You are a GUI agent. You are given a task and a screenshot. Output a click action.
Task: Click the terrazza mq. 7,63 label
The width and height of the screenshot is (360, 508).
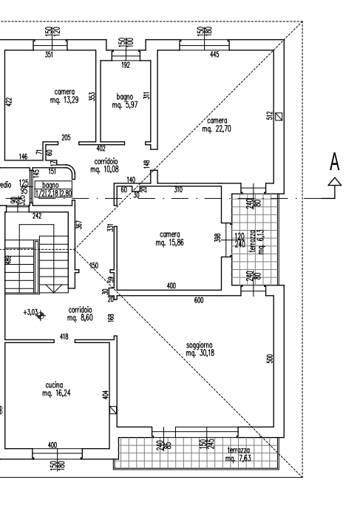click(239, 455)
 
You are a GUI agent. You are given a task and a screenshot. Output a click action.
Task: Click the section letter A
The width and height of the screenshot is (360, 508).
click(335, 161)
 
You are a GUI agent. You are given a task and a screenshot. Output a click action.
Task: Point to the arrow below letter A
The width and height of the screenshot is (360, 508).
click(335, 180)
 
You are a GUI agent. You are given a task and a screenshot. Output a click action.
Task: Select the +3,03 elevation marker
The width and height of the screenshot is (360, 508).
click(35, 314)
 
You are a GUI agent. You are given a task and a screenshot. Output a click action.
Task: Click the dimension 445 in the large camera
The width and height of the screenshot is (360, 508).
click(214, 55)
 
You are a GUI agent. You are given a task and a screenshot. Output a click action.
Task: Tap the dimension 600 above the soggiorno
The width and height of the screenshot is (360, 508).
click(198, 299)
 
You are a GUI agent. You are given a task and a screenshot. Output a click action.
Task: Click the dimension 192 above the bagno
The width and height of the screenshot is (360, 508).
click(125, 65)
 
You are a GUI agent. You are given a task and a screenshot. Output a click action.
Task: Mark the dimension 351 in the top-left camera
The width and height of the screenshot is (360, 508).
click(50, 55)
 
